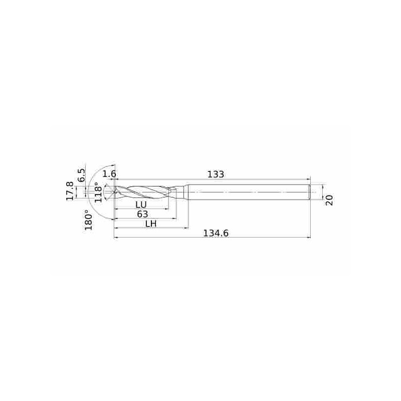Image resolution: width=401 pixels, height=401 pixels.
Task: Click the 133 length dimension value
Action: pos(216,174)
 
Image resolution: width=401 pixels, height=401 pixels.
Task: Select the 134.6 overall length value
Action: pos(216,233)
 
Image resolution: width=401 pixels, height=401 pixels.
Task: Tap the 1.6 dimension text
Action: pos(109,174)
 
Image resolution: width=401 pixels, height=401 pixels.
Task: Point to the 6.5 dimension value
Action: pos(81,175)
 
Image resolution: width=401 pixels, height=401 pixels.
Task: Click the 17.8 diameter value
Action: pos(70,191)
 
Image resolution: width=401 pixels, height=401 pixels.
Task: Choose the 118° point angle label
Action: pos(99,192)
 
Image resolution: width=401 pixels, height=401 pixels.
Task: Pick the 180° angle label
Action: pos(89,220)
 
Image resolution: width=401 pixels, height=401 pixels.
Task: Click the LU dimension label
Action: pos(141,205)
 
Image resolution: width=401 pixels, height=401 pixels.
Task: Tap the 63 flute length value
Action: pos(142,214)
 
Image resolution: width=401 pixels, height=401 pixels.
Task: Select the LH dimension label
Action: pos(151,224)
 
